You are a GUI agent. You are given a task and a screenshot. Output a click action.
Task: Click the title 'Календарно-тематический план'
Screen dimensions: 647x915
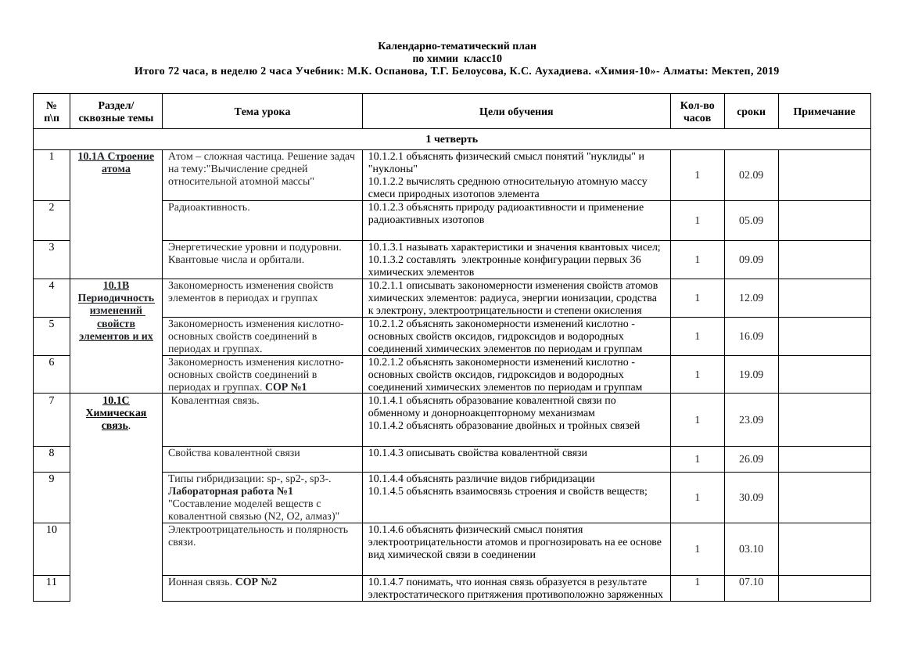(x=457, y=46)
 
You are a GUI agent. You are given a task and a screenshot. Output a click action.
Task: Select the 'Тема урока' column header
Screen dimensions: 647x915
(x=262, y=112)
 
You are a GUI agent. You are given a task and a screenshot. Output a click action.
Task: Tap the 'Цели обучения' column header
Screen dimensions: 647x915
(x=516, y=112)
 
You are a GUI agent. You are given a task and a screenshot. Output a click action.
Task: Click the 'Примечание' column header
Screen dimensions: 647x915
(x=824, y=112)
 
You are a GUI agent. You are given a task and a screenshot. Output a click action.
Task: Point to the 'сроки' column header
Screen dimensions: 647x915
(x=751, y=112)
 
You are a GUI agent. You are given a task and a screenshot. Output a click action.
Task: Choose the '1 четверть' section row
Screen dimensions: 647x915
(x=451, y=139)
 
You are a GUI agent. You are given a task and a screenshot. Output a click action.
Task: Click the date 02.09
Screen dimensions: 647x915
(x=751, y=175)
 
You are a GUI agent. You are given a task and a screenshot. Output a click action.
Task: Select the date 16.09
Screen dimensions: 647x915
(x=751, y=336)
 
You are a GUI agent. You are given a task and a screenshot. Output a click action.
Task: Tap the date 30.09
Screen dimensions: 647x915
(x=751, y=498)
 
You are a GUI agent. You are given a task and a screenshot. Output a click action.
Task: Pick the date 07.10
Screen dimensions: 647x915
(x=751, y=582)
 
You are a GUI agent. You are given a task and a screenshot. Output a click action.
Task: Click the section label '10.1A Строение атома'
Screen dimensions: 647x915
(x=116, y=163)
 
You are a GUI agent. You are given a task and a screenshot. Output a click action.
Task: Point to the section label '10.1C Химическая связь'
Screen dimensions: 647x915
(x=116, y=413)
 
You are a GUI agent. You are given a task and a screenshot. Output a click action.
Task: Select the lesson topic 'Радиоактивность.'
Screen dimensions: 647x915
(x=209, y=208)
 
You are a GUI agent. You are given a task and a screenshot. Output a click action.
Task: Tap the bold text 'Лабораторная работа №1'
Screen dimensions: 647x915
(x=231, y=491)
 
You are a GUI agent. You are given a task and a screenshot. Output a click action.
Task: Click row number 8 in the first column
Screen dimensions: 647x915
(x=52, y=452)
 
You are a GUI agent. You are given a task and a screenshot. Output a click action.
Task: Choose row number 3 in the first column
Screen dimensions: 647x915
(x=52, y=247)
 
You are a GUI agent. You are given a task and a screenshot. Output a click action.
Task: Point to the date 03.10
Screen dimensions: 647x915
(x=751, y=549)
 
